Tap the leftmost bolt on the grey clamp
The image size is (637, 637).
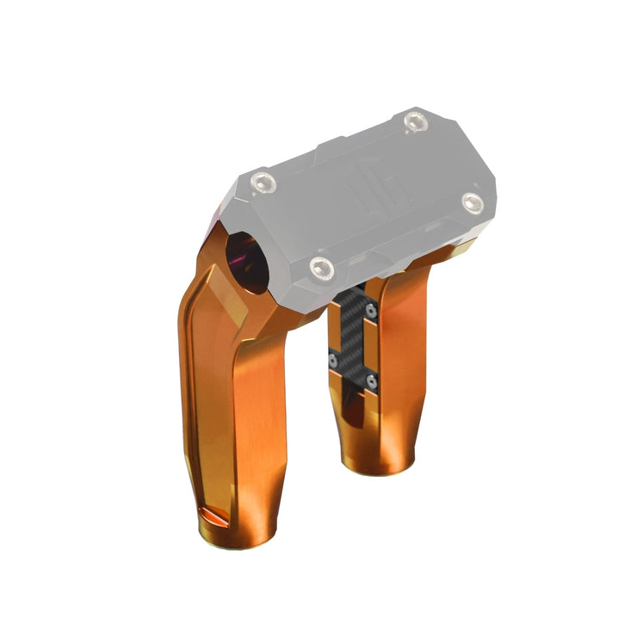(263, 182)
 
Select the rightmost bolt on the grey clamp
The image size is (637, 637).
(472, 202)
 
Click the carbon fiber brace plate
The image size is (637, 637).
(354, 340)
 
